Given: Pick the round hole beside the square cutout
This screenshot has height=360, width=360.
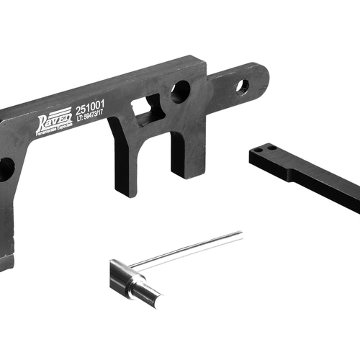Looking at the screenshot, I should pos(180,92).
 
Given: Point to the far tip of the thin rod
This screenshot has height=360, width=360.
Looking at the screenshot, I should pos(240,233).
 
